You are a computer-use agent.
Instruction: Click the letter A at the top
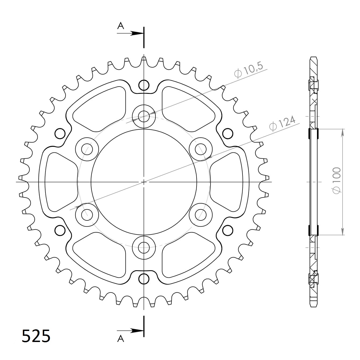(121, 26)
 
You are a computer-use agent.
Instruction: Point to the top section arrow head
(137, 33)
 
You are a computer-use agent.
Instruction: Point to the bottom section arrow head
(137, 331)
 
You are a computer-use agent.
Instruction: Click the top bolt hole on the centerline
(144, 116)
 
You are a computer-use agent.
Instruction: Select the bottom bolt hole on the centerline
(144, 248)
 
